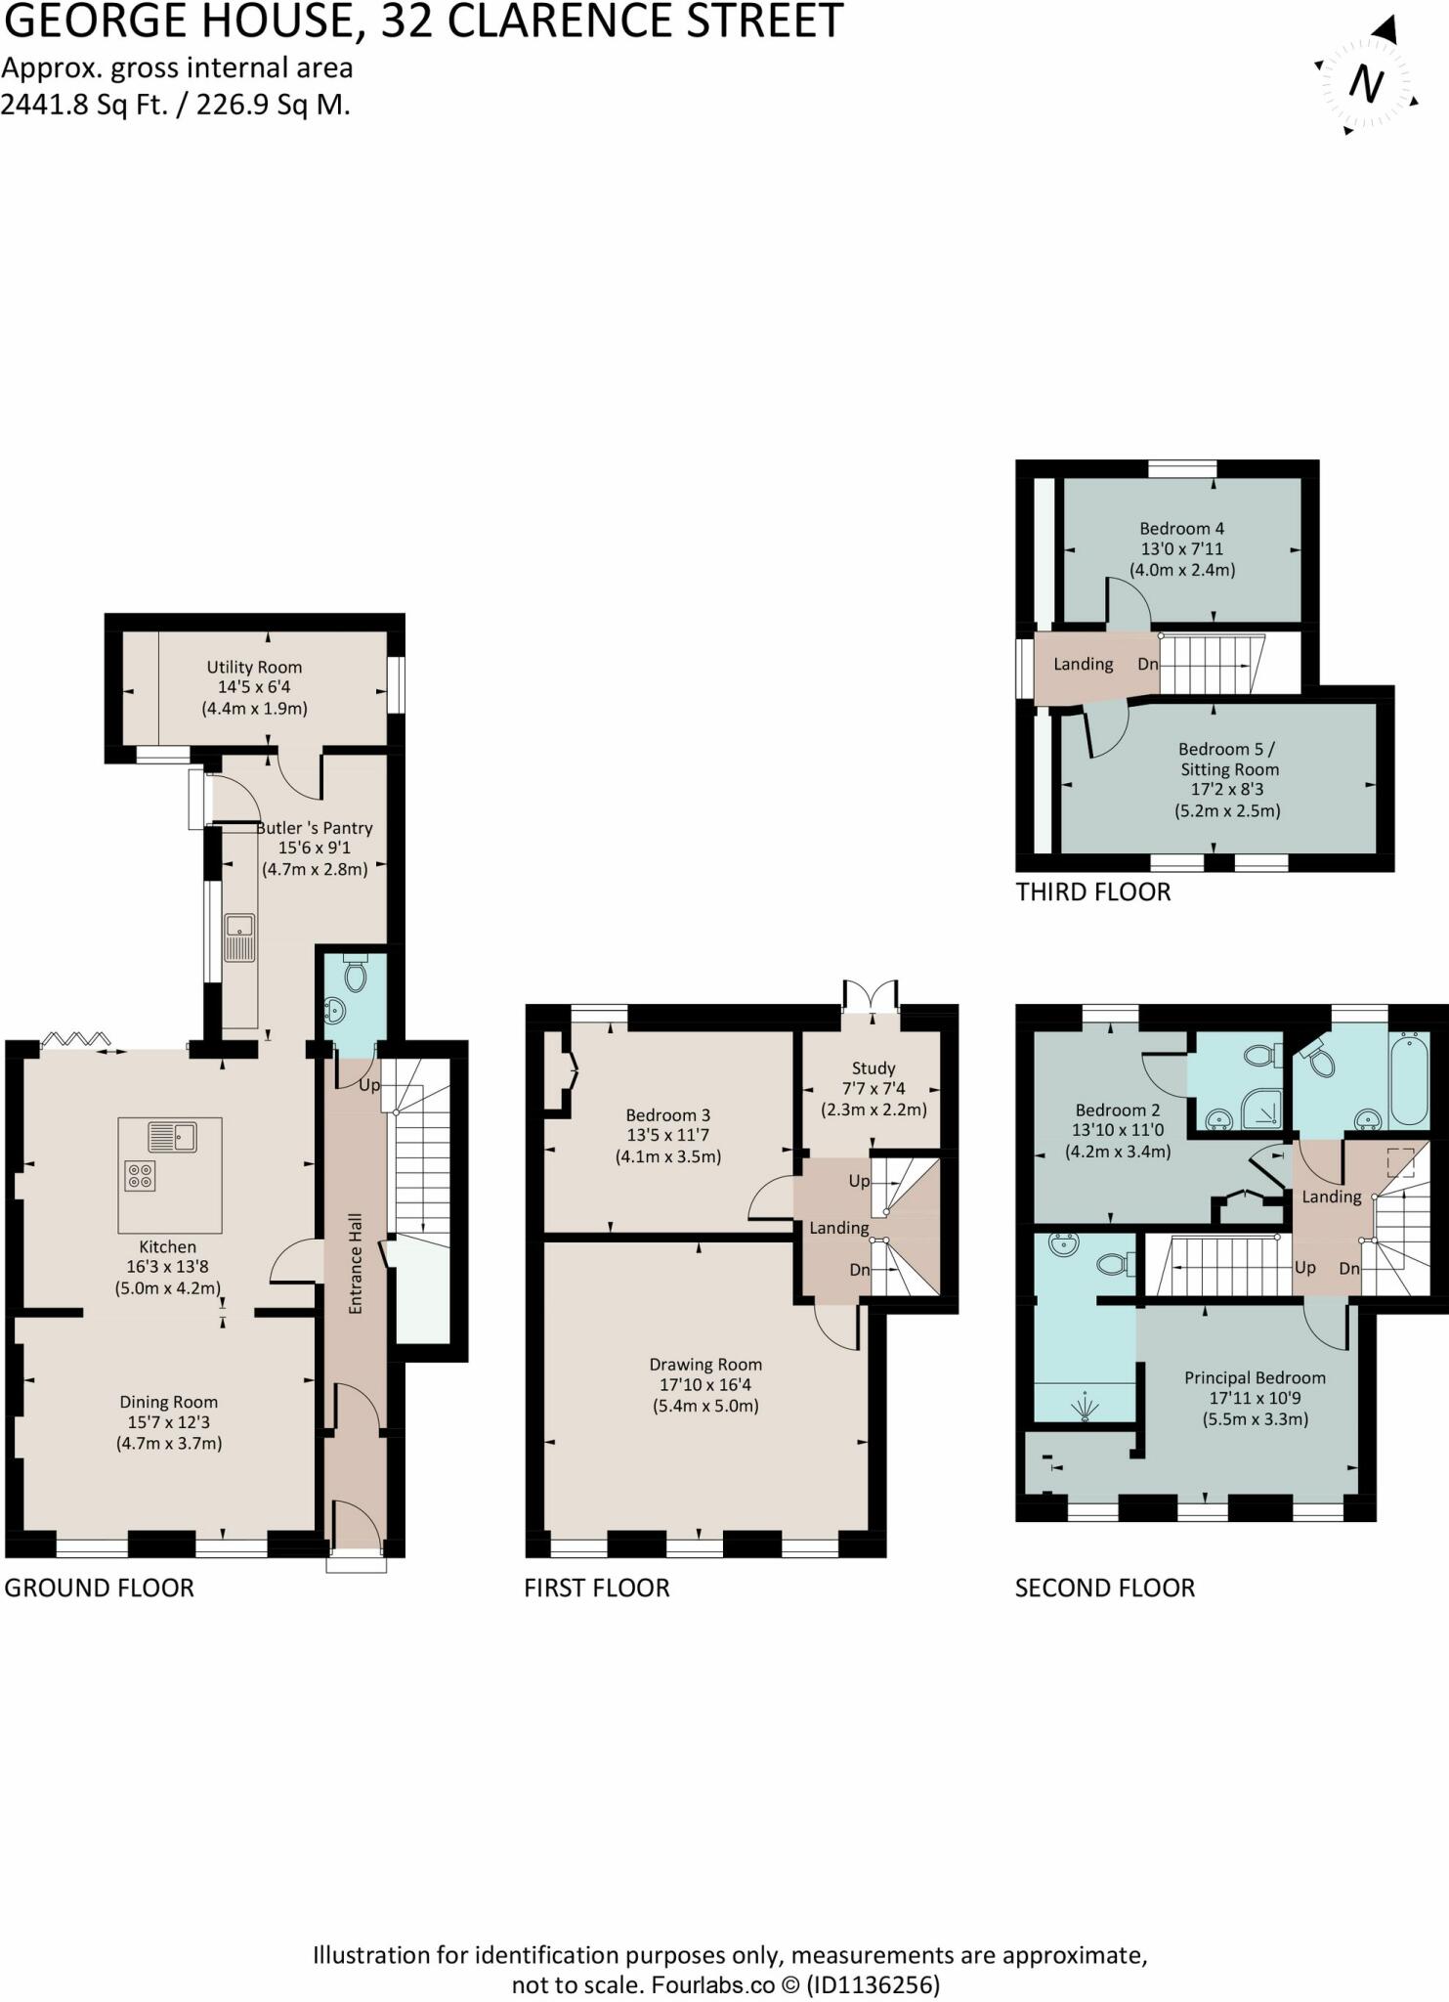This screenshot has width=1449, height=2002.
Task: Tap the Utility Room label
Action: click(x=254, y=667)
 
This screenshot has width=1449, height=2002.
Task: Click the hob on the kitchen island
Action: click(x=140, y=1176)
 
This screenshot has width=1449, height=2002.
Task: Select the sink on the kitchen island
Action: click(x=172, y=1137)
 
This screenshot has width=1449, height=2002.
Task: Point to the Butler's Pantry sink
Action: click(x=239, y=936)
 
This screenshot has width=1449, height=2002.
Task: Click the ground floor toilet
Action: click(x=356, y=973)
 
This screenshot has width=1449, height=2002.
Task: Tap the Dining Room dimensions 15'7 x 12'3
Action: click(x=168, y=1422)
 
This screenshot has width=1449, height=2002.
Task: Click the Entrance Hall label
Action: click(x=356, y=1263)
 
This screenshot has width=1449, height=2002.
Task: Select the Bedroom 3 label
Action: click(x=667, y=1115)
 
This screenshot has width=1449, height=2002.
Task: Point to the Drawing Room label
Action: click(x=705, y=1365)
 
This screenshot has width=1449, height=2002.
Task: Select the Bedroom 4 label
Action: click(x=1181, y=529)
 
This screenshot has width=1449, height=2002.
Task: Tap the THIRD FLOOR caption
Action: click(x=1092, y=892)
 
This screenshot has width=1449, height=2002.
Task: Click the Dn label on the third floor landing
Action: click(x=1147, y=664)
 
